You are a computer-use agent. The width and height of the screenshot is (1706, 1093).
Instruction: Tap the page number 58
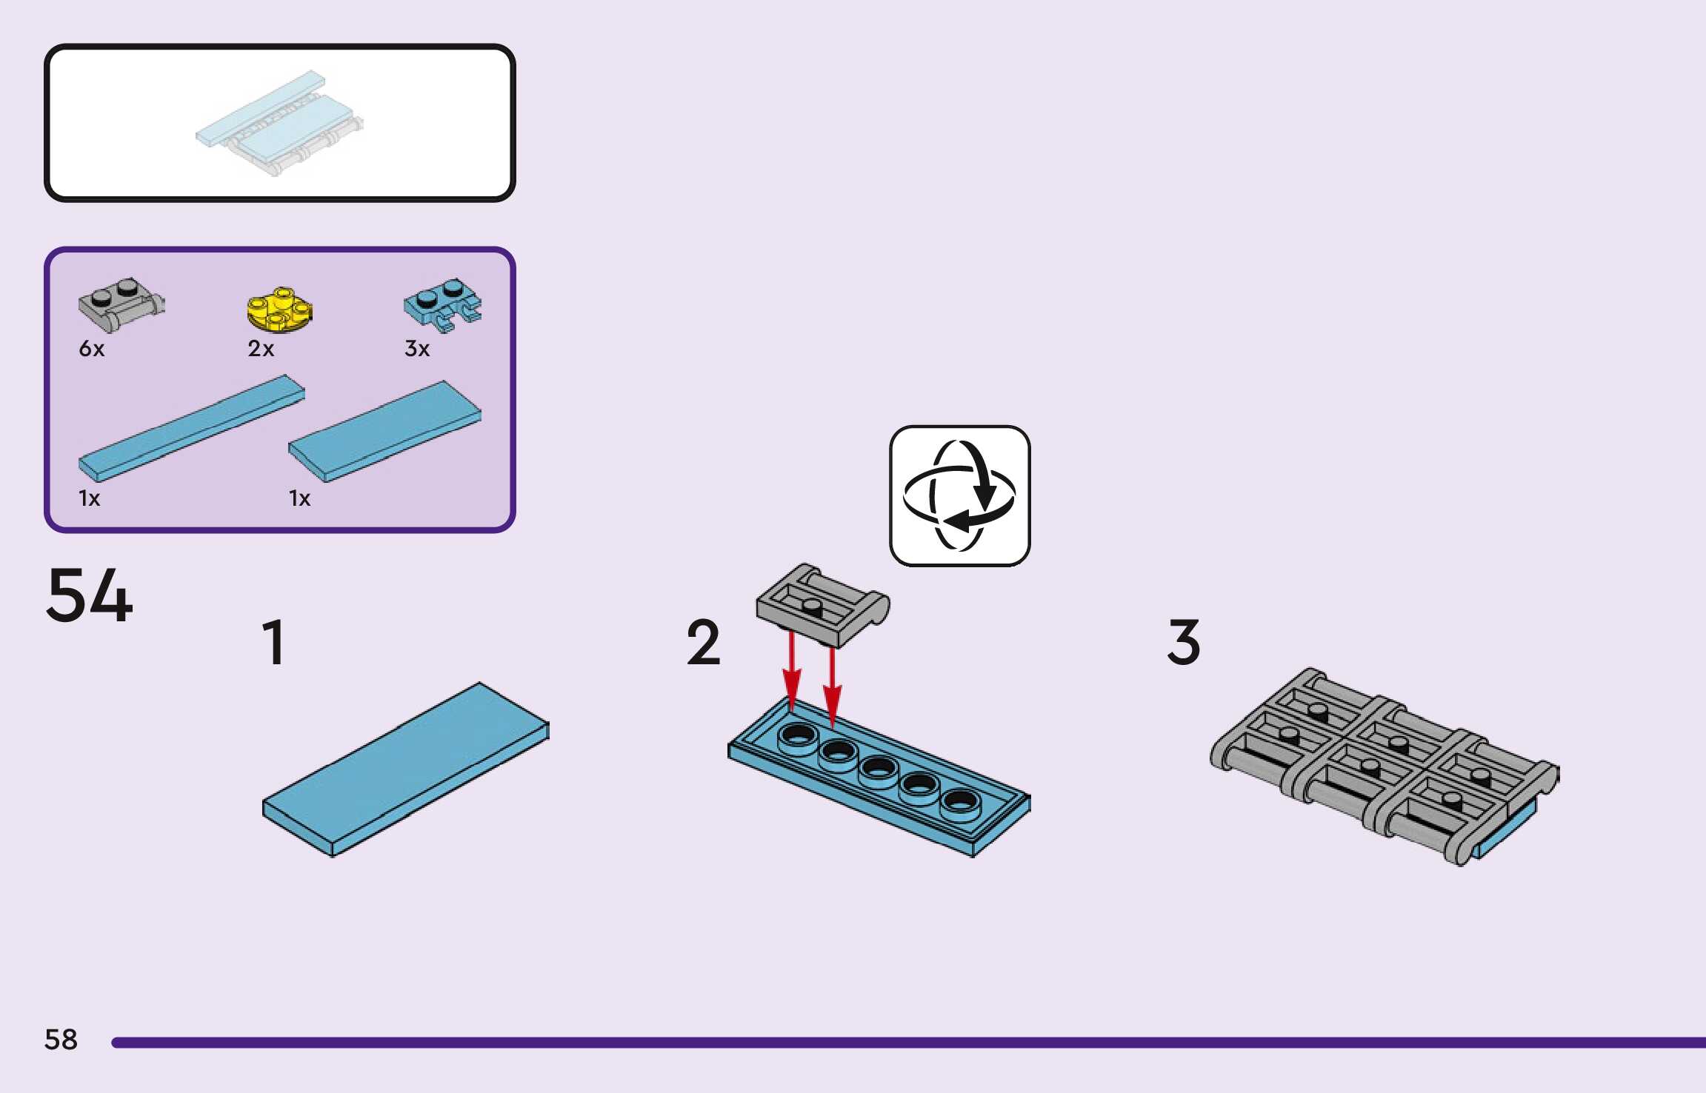pyautogui.click(x=61, y=1040)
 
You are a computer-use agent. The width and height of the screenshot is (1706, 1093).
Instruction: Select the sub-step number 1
pyautogui.click(x=274, y=642)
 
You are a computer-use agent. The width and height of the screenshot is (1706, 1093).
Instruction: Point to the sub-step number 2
pyautogui.click(x=703, y=642)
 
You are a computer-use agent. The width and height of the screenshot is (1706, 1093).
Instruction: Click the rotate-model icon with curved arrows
pyautogui.click(x=959, y=495)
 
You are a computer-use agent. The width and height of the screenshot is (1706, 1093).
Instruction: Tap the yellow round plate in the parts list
pyautogui.click(x=279, y=310)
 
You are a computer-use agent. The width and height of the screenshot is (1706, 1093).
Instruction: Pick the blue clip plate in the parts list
pyautogui.click(x=442, y=304)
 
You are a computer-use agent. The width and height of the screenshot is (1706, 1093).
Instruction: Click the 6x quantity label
pyautogui.click(x=92, y=349)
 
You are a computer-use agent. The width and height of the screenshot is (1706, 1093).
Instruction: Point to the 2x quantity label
pyautogui.click(x=261, y=349)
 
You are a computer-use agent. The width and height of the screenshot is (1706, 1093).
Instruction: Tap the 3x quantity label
pyautogui.click(x=417, y=349)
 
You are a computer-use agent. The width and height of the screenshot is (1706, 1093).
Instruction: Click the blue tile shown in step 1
pyautogui.click(x=406, y=769)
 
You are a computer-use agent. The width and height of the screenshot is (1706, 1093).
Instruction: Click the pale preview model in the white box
pyautogui.click(x=279, y=122)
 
